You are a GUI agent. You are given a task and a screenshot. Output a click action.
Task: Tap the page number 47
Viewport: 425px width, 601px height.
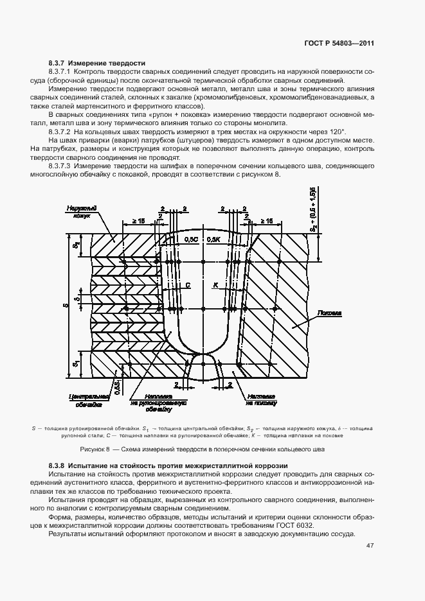coord(370,546)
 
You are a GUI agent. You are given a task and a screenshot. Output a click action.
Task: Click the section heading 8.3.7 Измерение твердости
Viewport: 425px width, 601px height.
coord(96,63)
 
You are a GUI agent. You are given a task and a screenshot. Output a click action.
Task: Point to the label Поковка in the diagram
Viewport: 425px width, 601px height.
coord(329,314)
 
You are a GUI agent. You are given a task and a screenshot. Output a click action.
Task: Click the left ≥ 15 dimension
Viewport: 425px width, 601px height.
coord(138,220)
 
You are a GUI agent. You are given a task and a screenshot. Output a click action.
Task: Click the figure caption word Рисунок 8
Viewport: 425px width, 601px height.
coord(95,448)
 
